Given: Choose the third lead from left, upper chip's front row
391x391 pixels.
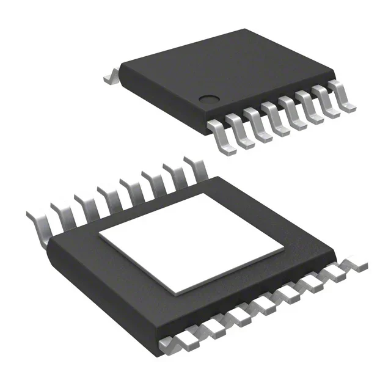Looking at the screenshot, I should point(258,125).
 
